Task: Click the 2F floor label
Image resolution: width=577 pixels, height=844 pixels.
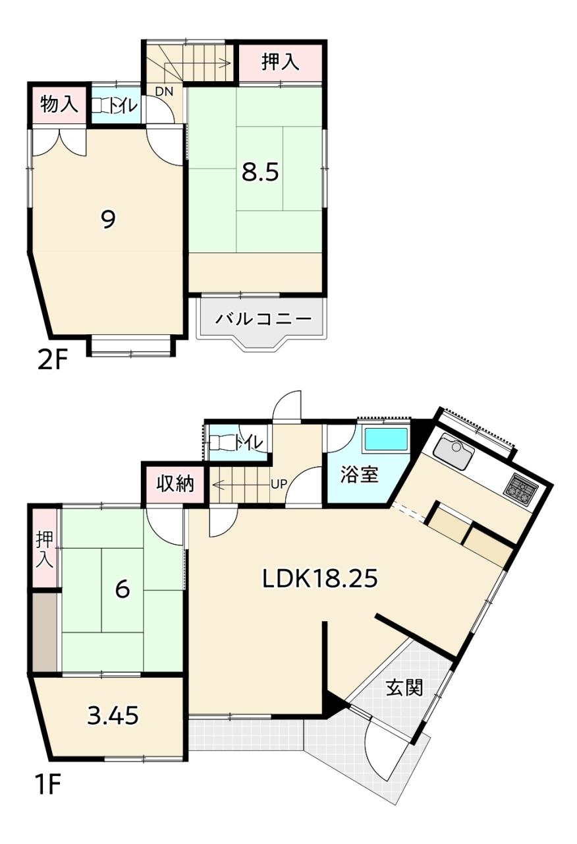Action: click(52, 361)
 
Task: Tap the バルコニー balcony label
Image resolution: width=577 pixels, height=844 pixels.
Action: click(263, 319)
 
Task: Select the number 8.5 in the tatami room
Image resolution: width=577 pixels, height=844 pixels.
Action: click(260, 173)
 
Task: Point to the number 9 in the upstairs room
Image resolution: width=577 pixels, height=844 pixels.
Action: click(108, 220)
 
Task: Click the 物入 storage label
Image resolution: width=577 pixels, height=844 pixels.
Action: click(59, 104)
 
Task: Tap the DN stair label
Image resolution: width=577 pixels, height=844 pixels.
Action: click(164, 91)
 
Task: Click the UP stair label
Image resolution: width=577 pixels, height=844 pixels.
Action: click(279, 484)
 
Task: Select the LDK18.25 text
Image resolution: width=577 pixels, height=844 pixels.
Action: click(319, 579)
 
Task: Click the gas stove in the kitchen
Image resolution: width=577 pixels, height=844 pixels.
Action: click(521, 489)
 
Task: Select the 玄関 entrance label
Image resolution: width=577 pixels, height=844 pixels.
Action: click(404, 688)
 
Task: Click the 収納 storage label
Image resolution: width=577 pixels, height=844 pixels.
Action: click(175, 483)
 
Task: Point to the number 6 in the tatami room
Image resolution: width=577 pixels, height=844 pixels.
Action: click(123, 589)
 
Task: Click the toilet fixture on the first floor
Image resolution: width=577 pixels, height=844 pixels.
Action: click(221, 442)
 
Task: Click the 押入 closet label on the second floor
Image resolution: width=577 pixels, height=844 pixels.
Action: click(281, 62)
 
